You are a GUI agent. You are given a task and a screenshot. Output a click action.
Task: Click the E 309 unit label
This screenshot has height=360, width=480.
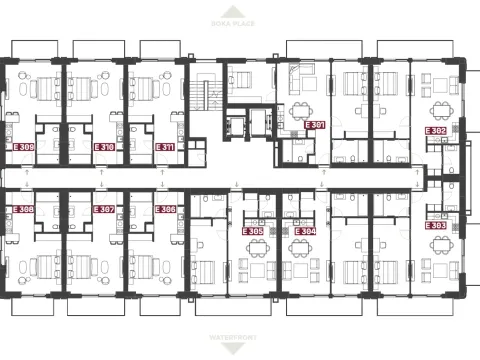click(23, 147)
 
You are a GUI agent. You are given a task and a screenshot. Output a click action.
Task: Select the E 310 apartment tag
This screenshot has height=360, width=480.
click(104, 147)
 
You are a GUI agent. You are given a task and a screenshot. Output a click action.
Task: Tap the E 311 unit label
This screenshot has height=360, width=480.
click(166, 147)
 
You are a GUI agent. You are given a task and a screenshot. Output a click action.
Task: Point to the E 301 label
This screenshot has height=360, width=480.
click(315, 125)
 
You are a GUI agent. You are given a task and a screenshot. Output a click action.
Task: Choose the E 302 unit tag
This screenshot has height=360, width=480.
click(436, 131)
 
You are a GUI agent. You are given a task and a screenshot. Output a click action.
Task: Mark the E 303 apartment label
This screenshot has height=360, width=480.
click(436, 226)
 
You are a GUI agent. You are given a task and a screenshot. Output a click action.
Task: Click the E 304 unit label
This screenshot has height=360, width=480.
click(304, 231)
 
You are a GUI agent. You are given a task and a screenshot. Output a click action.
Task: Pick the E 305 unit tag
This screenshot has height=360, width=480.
click(253, 231)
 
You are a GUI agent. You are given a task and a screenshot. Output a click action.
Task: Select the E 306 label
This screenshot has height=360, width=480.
click(166, 210)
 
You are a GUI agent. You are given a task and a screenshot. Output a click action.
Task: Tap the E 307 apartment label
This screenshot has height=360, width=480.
click(104, 210)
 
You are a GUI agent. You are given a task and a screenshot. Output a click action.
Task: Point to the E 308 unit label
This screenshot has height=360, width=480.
click(23, 210)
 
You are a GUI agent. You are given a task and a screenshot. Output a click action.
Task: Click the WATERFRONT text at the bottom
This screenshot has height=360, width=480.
click(241, 338)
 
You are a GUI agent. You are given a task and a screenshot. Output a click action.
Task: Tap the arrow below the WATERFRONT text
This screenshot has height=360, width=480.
click(241, 349)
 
